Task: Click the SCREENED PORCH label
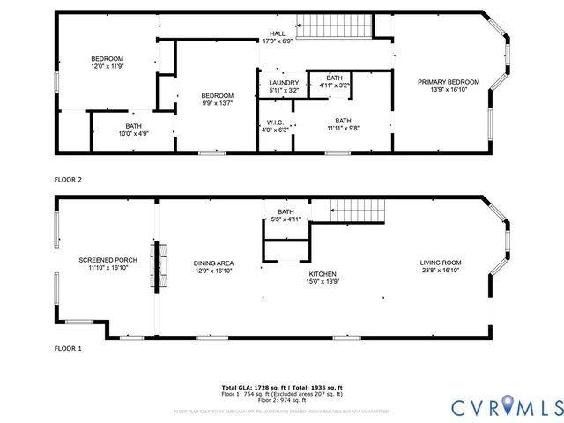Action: click(108, 260)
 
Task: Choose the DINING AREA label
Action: click(213, 263)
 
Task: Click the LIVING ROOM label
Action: click(440, 263)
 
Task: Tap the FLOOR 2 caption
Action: click(68, 180)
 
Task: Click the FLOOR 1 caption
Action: click(68, 349)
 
